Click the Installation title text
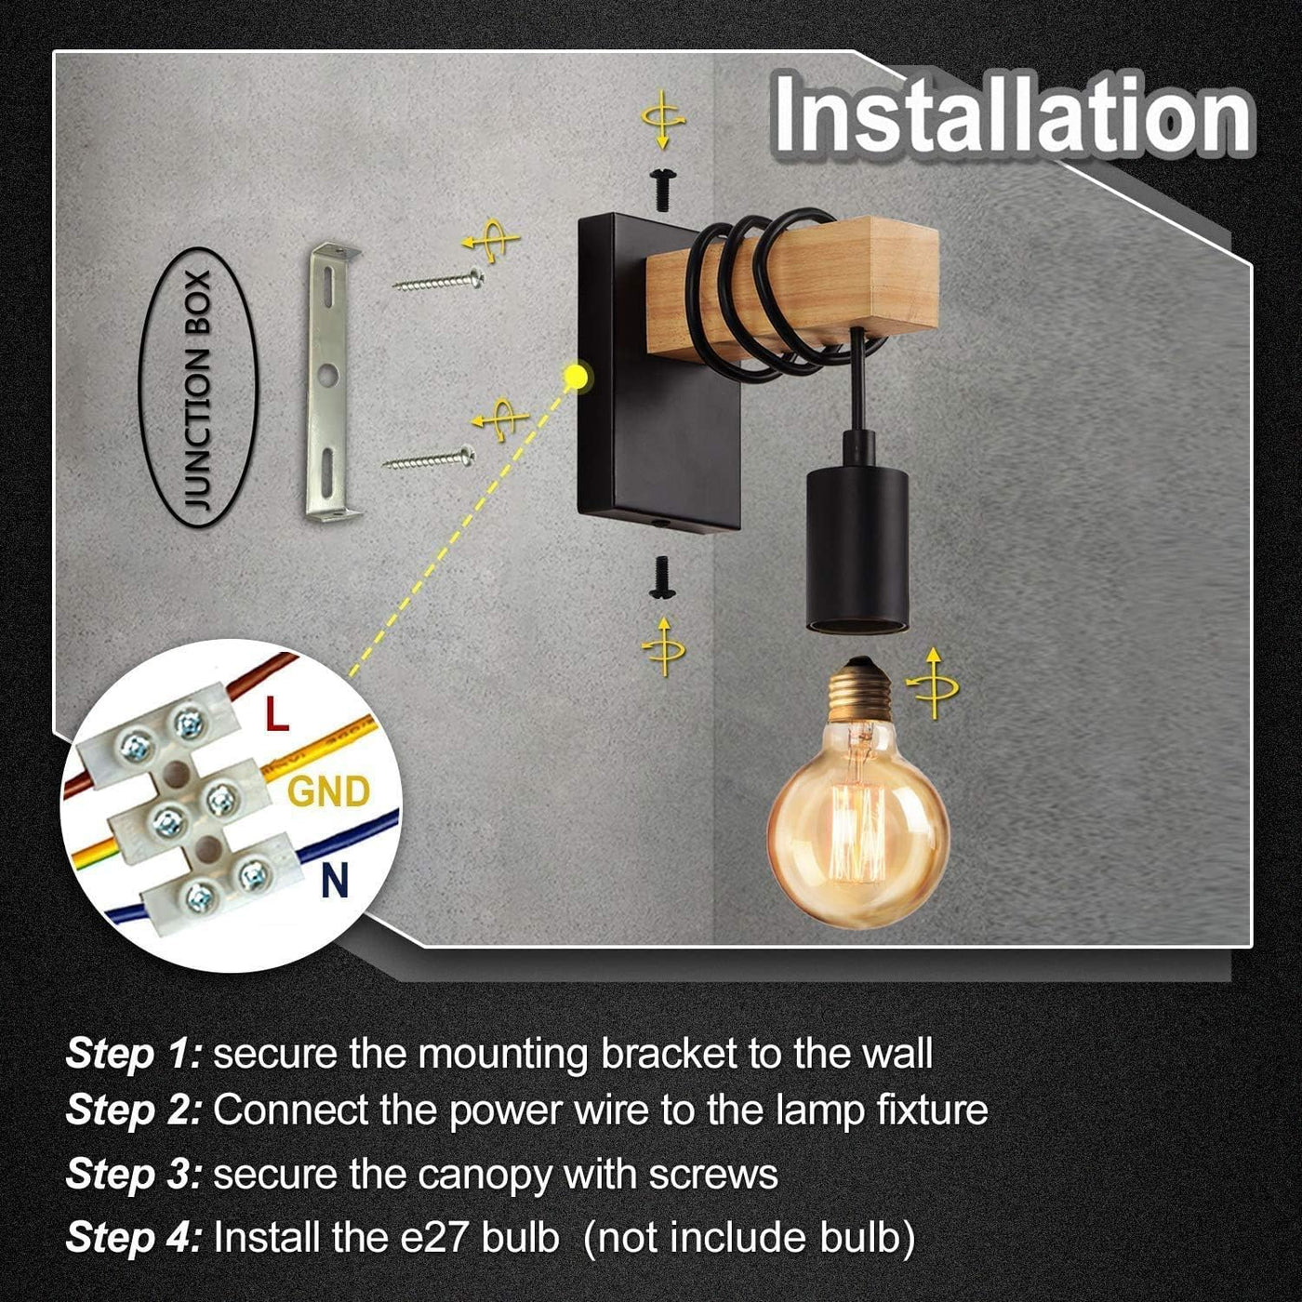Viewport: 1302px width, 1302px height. pyautogui.click(x=1012, y=115)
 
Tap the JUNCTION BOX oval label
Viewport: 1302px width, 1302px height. pyautogui.click(x=197, y=387)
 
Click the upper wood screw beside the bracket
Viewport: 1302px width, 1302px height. pyautogui.click(x=439, y=281)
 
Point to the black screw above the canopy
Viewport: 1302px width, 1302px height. pyautogui.click(x=663, y=189)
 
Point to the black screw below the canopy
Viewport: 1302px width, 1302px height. pyautogui.click(x=662, y=577)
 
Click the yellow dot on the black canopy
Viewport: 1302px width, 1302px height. pyautogui.click(x=575, y=377)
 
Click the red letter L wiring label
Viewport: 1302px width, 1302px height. pyautogui.click(x=277, y=714)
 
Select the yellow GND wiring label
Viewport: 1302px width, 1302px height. pyautogui.click(x=329, y=791)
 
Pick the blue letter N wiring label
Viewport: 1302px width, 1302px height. pyautogui.click(x=335, y=881)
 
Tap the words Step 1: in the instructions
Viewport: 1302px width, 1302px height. pyautogui.click(x=134, y=1054)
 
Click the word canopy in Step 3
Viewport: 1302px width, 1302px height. pyautogui.click(x=485, y=1176)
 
